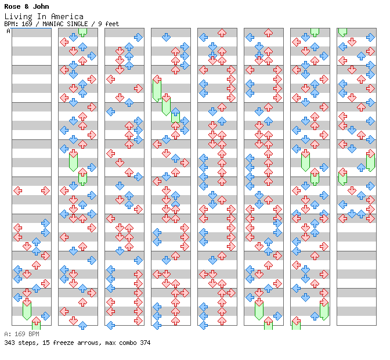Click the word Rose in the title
(12, 6)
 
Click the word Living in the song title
(17, 16)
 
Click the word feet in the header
(112, 24)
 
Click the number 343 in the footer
(9, 343)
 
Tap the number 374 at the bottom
(145, 343)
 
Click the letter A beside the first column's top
(8, 31)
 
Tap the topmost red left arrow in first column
(17, 190)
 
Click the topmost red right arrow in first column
(45, 190)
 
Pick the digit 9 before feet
(100, 24)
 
